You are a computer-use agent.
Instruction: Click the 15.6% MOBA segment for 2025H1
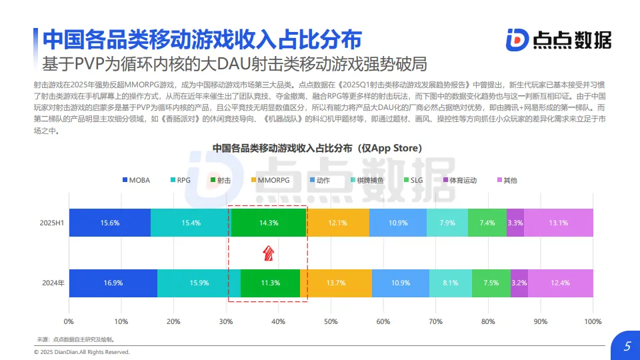pyautogui.click(x=109, y=223)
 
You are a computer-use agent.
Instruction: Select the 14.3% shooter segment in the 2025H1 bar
pyautogui.click(x=269, y=223)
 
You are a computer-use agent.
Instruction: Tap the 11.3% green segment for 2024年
pyautogui.click(x=270, y=283)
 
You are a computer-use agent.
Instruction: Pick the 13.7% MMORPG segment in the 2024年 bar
pyautogui.click(x=336, y=283)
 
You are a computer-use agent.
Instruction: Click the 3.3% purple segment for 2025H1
pyautogui.click(x=515, y=223)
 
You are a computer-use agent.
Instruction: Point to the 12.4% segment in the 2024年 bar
pyautogui.click(x=561, y=283)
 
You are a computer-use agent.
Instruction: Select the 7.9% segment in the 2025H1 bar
pyautogui.click(x=447, y=223)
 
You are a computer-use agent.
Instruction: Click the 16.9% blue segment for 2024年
pyautogui.click(x=113, y=283)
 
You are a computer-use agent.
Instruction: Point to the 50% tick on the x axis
pyautogui.click(x=331, y=322)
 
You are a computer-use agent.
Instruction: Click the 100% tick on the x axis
pyautogui.click(x=593, y=322)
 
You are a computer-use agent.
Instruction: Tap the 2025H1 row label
pyautogui.click(x=52, y=223)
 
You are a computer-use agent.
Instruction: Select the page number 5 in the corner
pyautogui.click(x=627, y=347)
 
